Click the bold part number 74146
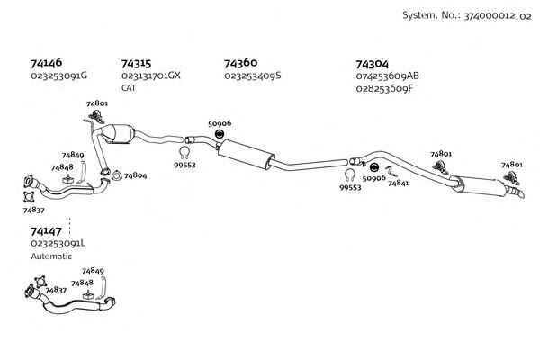46,63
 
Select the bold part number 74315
136,64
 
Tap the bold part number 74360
240,63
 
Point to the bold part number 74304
372,65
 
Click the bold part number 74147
46,231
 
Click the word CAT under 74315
129,88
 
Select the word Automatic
51,256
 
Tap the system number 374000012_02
498,16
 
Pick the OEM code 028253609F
384,89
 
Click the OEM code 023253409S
252,76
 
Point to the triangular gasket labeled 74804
117,175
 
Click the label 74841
398,183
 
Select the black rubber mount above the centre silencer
219,134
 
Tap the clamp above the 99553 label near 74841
349,175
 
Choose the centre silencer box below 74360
246,154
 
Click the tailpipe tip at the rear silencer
518,193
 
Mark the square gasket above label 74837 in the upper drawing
29,197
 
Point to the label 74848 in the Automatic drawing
82,283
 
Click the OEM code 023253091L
58,244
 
